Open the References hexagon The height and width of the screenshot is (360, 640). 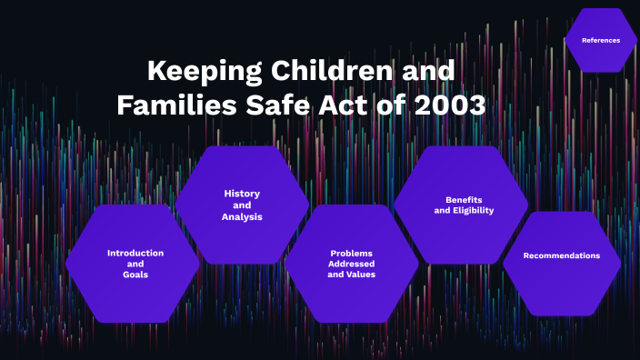pyautogui.click(x=601, y=40)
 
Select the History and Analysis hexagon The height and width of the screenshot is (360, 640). pyautogui.click(x=242, y=205)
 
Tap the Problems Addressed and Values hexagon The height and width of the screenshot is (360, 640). pyautogui.click(x=351, y=264)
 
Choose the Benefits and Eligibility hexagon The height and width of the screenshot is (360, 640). pyautogui.click(x=461, y=205)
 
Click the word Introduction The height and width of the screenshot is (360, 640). pyautogui.click(x=135, y=253)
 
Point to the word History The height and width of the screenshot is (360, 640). pyautogui.click(x=242, y=193)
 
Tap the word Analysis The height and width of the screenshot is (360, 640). pyautogui.click(x=242, y=216)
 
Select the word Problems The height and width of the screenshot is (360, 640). pyautogui.click(x=352, y=253)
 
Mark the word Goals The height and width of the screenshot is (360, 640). pyautogui.click(x=135, y=274)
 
